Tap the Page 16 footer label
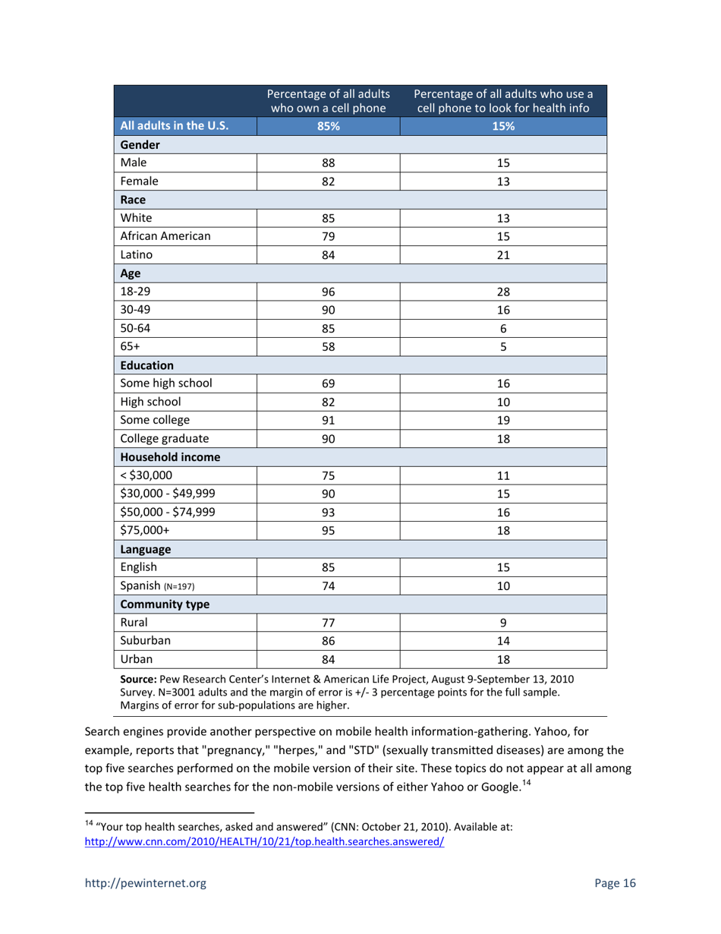(x=615, y=883)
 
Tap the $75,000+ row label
(x=146, y=530)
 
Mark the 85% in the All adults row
(x=329, y=126)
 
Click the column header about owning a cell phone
(x=329, y=101)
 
